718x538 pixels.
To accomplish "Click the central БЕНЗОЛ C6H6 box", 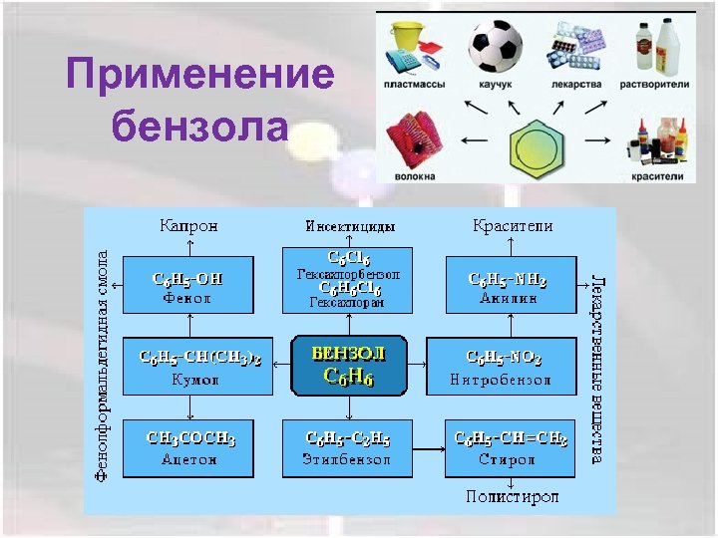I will pyautogui.click(x=348, y=364).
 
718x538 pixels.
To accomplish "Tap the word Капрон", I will pyautogui.click(x=187, y=226).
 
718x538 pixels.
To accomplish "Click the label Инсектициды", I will pyautogui.click(x=349, y=226).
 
